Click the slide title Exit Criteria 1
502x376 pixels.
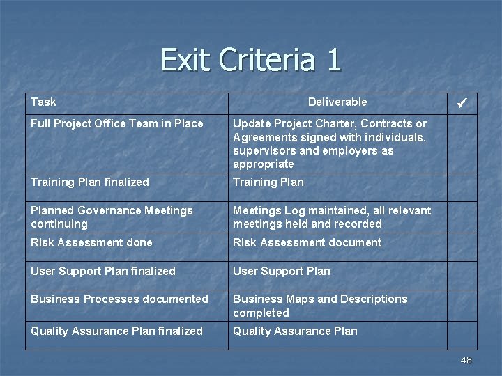point(251,60)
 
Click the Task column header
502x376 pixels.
point(43,102)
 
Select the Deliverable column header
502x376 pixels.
point(337,102)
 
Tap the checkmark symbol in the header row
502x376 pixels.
point(462,104)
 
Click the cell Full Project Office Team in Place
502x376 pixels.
point(117,124)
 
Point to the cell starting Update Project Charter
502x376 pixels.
point(330,143)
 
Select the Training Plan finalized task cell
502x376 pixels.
point(90,182)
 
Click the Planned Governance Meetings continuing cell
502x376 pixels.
point(112,217)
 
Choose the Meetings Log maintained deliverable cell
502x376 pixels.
point(332,217)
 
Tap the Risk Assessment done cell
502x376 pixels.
point(91,243)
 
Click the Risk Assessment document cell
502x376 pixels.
point(307,243)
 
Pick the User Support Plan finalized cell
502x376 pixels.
point(103,272)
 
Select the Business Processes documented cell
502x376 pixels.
point(119,299)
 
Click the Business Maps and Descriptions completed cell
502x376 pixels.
point(320,306)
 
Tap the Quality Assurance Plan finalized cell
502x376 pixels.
point(116,331)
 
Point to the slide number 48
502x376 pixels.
point(466,360)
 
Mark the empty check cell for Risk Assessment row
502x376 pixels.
point(462,246)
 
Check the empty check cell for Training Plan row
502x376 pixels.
point(462,187)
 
